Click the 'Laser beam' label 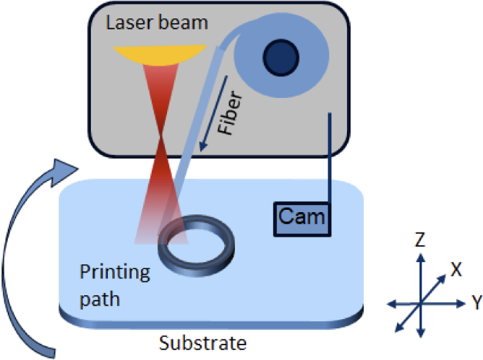(157, 23)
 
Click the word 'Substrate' (202, 344)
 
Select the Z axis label (420, 241)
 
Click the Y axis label (477, 303)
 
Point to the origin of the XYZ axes (420, 303)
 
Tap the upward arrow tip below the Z (420, 258)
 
